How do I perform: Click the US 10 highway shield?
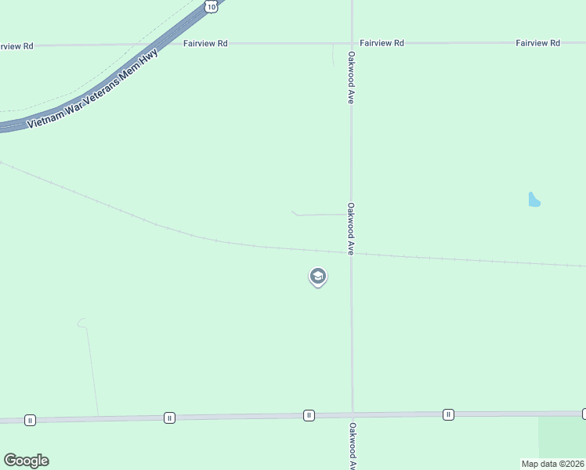(x=212, y=5)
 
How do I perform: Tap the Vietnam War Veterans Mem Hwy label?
(x=92, y=89)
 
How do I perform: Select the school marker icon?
(x=318, y=277)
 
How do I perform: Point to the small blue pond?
(x=534, y=200)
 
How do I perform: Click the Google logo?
(x=26, y=461)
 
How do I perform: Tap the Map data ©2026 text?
(x=552, y=463)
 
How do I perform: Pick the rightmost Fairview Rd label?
(x=537, y=43)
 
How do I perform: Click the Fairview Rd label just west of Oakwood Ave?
(x=205, y=44)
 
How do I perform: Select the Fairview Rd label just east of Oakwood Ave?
(x=382, y=43)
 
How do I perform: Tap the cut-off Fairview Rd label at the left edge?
(x=16, y=46)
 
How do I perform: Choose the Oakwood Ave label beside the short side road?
(x=352, y=229)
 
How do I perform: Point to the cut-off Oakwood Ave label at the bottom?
(x=353, y=446)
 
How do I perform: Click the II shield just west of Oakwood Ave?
(x=309, y=415)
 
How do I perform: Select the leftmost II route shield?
(x=30, y=420)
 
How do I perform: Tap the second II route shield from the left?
(x=169, y=418)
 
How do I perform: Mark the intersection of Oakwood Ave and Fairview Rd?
(x=352, y=43)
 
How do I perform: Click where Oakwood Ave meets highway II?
(x=353, y=414)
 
